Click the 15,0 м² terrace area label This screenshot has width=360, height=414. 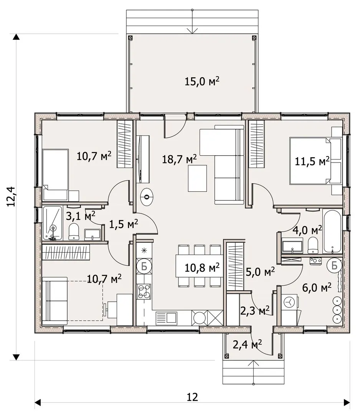click(x=202, y=81)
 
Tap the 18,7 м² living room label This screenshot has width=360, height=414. click(x=179, y=159)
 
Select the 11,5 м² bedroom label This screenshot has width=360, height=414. click(x=312, y=161)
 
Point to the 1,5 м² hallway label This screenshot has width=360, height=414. click(x=124, y=224)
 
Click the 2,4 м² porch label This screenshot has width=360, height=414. click(x=247, y=344)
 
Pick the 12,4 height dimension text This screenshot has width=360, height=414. click(x=12, y=196)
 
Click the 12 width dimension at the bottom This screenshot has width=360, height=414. click(x=192, y=397)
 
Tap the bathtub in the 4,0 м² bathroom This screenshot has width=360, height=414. click(x=332, y=232)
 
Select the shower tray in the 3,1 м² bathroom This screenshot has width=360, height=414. click(x=52, y=223)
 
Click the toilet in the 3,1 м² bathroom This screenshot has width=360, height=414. click(x=74, y=232)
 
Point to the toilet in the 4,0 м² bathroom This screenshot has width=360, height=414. click(x=313, y=245)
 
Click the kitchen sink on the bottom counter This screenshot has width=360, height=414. click(x=166, y=318)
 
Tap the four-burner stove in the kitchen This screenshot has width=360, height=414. click(x=144, y=291)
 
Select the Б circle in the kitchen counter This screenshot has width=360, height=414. click(x=144, y=266)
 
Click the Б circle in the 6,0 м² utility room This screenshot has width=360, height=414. click(x=334, y=265)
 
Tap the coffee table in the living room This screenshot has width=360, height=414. click(x=197, y=178)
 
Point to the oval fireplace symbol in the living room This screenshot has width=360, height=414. click(x=147, y=197)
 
